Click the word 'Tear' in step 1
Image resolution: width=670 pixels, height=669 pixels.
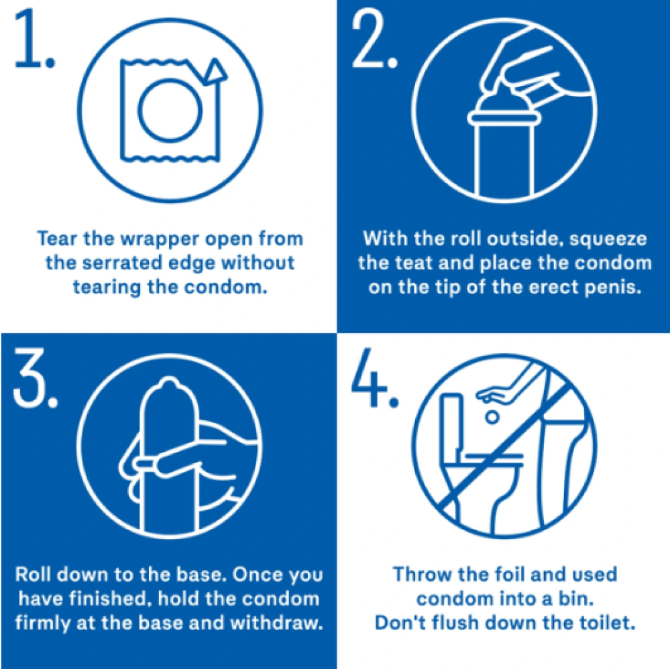(57, 239)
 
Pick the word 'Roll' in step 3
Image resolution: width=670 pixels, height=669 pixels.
(32, 574)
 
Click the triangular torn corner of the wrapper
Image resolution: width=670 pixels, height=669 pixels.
(215, 70)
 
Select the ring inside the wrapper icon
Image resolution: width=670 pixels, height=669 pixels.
(170, 110)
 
